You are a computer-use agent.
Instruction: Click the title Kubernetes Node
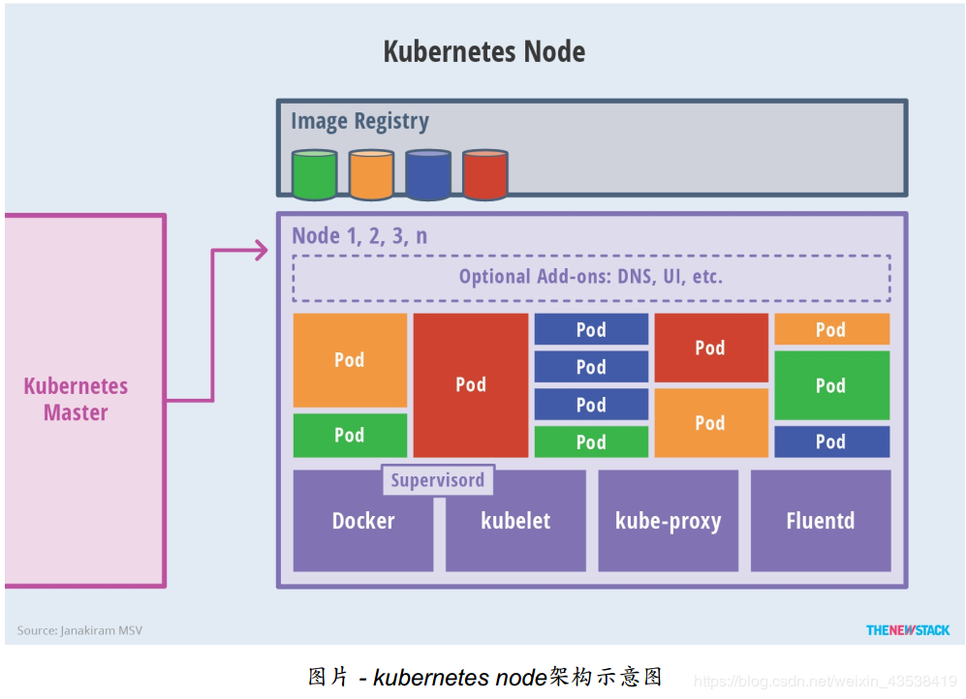[x=483, y=51]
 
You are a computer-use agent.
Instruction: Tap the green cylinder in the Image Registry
[x=314, y=175]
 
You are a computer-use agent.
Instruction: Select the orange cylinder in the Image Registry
[x=371, y=175]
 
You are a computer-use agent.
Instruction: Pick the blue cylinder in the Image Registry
[x=427, y=175]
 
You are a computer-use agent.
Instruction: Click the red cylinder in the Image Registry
[x=484, y=175]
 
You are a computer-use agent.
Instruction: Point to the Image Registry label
[x=359, y=122]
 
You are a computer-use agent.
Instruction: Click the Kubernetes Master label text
[x=76, y=399]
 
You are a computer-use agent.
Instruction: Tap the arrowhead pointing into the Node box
[x=260, y=251]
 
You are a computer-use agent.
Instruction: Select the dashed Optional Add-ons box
[x=591, y=278]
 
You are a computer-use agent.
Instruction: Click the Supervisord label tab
[x=437, y=480]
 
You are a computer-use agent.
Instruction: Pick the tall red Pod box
[x=471, y=385]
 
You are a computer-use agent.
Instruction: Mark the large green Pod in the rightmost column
[x=830, y=385]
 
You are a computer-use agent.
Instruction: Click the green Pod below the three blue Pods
[x=591, y=442]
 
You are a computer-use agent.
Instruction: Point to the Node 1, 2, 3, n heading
[x=359, y=236]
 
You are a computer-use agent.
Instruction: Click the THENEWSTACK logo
[x=908, y=630]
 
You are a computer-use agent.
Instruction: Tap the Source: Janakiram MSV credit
[x=79, y=630]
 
